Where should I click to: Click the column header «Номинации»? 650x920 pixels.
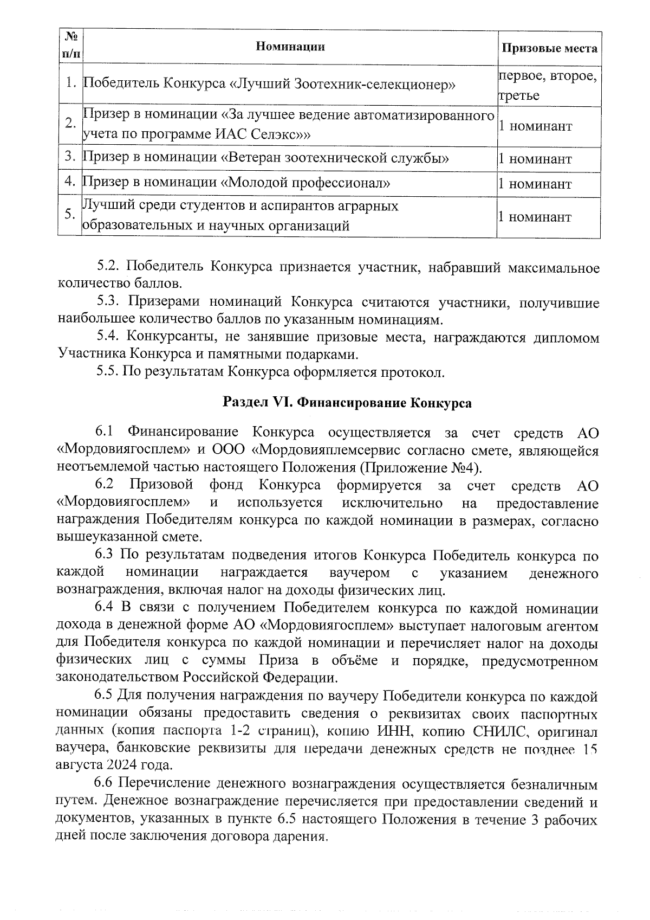coord(290,47)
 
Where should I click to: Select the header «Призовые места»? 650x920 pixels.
coord(549,49)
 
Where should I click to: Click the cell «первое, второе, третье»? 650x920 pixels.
coord(548,86)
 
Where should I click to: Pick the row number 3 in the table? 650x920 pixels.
coord(69,158)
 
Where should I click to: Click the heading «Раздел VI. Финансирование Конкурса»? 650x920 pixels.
coord(347,403)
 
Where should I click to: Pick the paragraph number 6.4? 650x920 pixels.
coord(105,609)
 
